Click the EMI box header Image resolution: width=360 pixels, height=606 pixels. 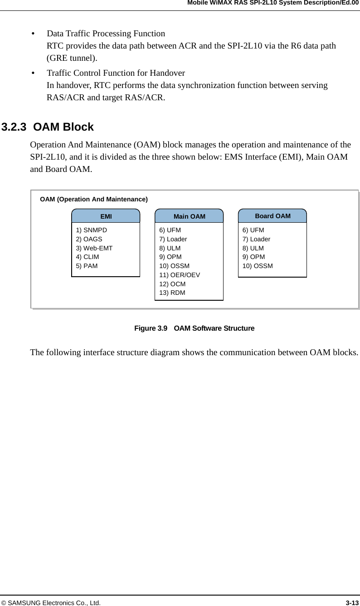pos(106,216)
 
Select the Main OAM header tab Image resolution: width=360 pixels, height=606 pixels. pos(189,216)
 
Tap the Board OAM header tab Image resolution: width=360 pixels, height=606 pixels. pos(272,216)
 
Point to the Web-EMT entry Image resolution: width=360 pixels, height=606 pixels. pos(94,248)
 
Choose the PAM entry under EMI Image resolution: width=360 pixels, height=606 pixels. pos(87,266)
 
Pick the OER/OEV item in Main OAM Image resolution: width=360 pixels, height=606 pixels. pos(180,275)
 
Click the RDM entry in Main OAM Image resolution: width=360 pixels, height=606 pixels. pos(172,293)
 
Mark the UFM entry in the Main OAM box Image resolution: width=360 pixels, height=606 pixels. pos(170,230)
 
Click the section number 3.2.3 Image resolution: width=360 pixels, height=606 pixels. pos(14,127)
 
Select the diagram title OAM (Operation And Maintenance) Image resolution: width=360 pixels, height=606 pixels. pos(94,199)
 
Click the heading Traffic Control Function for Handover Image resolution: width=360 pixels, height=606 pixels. pos(116,73)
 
